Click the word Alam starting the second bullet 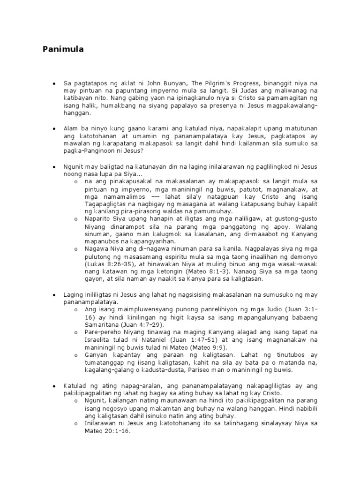71,128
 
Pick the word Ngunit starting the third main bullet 73,166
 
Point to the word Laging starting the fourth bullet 73,294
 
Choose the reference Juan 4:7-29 143,324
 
